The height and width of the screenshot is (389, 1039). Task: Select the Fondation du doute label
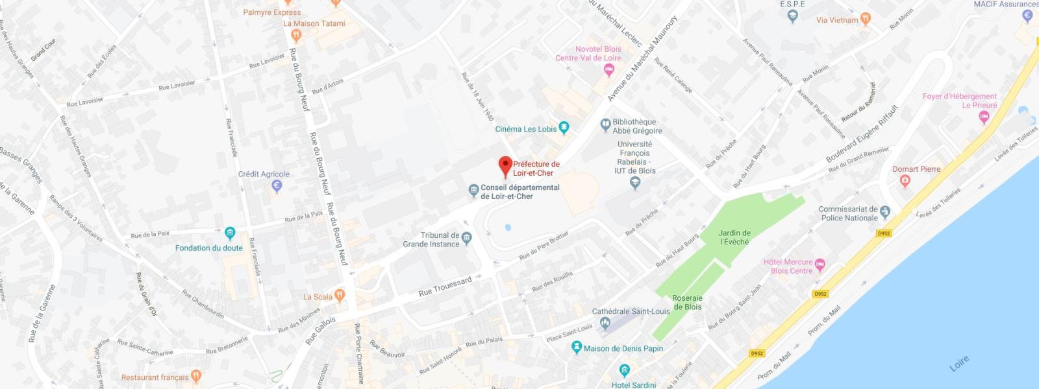pyautogui.click(x=208, y=248)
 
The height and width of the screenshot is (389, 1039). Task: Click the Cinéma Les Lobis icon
pyautogui.click(x=564, y=128)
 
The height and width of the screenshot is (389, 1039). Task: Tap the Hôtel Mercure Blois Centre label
pyautogui.click(x=788, y=266)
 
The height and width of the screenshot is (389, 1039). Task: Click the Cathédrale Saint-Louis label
pyautogui.click(x=631, y=311)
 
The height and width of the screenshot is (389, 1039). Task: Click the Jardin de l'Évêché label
pyautogui.click(x=734, y=237)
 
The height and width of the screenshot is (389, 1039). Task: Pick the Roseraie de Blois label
pyautogui.click(x=687, y=303)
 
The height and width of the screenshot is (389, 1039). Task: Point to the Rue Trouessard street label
pyautogui.click(x=445, y=287)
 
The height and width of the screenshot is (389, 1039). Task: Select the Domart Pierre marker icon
pyautogui.click(x=905, y=182)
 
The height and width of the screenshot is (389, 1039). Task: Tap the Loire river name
pyautogui.click(x=958, y=364)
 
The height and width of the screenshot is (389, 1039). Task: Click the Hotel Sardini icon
pyautogui.click(x=625, y=371)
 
